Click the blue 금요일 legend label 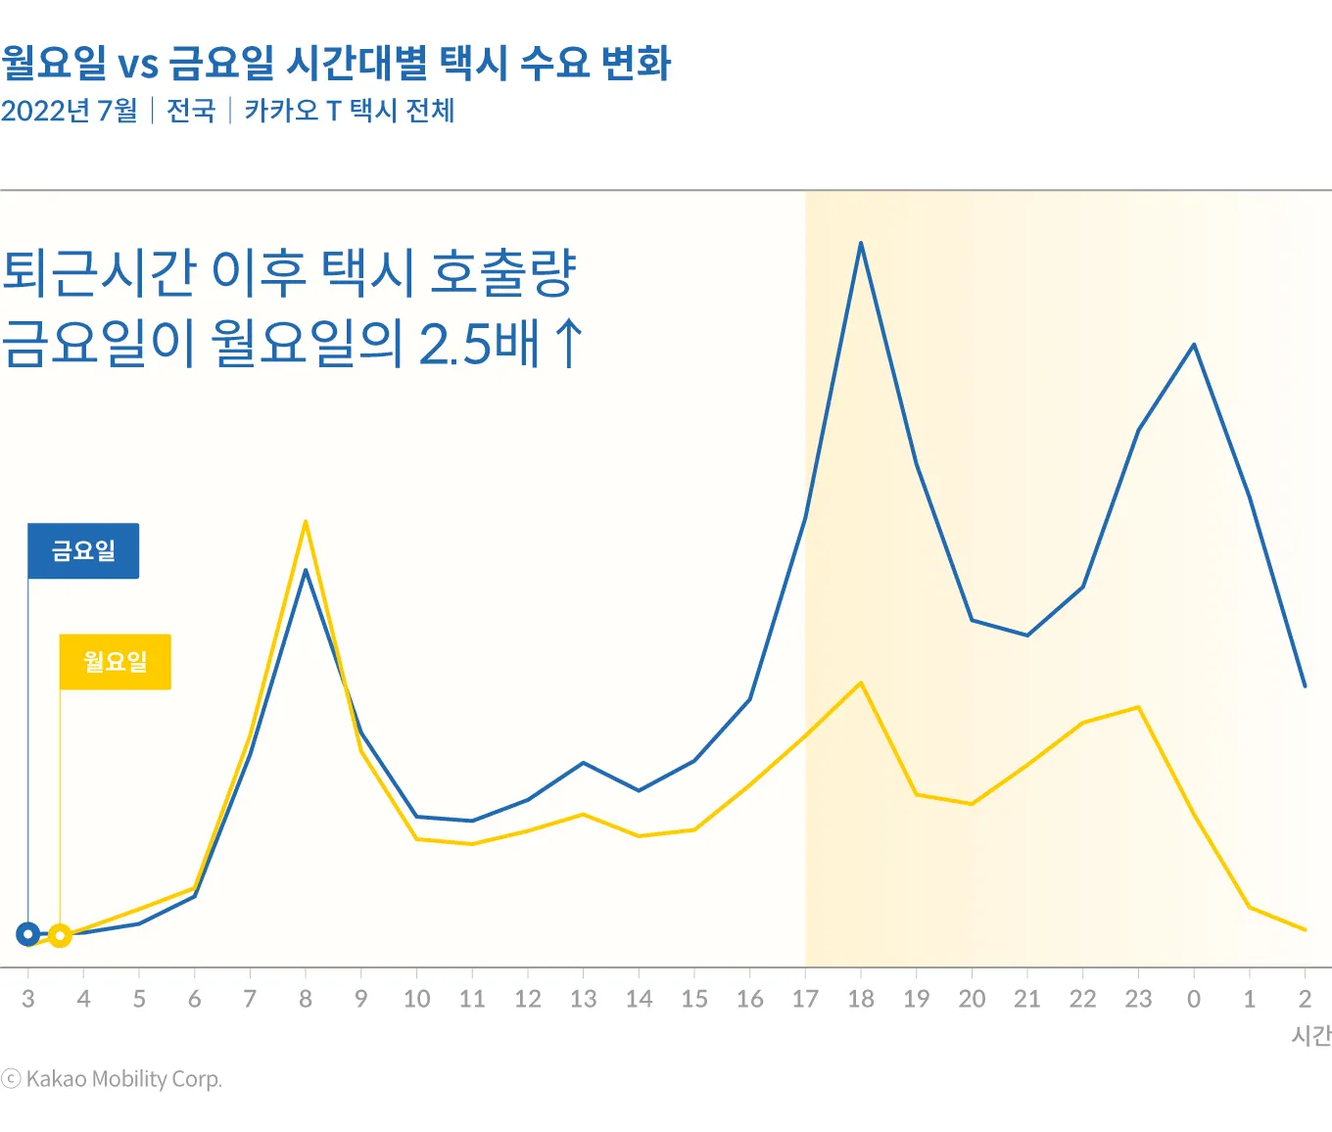click(83, 551)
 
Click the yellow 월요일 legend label click(116, 662)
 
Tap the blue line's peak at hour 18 click(861, 243)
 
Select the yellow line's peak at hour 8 click(306, 522)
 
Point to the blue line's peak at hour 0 click(1194, 345)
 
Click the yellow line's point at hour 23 click(1138, 707)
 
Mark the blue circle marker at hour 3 click(28, 934)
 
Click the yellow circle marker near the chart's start click(60, 936)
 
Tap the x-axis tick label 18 click(861, 999)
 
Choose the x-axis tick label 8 click(306, 999)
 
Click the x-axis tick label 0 click(1194, 999)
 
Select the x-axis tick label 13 click(584, 999)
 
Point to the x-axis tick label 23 click(1138, 999)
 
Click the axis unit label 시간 click(1311, 1036)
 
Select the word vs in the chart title click(138, 65)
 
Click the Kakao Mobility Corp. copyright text click(123, 1079)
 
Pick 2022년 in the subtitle click(45, 111)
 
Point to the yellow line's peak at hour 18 click(861, 683)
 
